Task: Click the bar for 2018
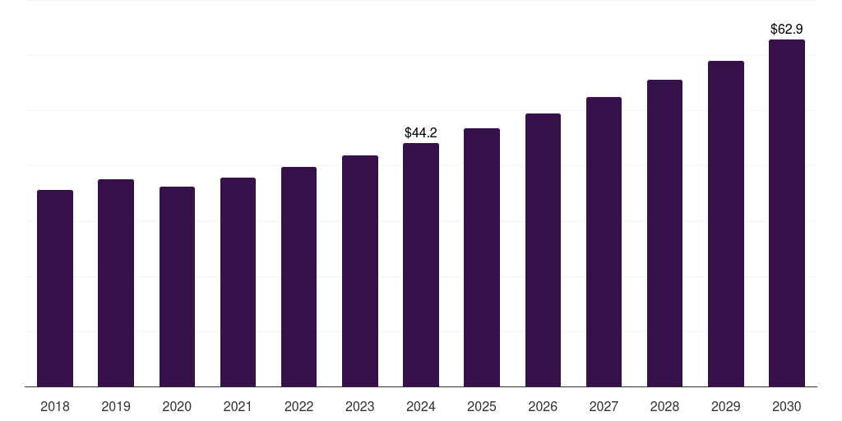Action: click(55, 288)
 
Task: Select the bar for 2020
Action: click(177, 286)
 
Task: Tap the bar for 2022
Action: click(298, 276)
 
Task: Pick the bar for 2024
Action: click(421, 265)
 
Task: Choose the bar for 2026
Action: click(543, 250)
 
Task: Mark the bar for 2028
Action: click(664, 233)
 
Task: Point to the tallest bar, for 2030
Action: click(787, 213)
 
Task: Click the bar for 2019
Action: click(116, 283)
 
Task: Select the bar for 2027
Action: click(604, 242)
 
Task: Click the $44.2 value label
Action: click(421, 132)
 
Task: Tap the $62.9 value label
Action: click(787, 29)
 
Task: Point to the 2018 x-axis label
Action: click(55, 406)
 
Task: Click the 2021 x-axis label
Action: click(238, 406)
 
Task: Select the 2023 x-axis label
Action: click(360, 406)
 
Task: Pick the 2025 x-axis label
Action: click(482, 406)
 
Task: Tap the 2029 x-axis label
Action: click(726, 406)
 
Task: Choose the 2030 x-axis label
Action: click(787, 406)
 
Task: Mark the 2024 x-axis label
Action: click(421, 406)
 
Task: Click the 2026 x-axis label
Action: click(543, 406)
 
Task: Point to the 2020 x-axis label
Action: click(177, 406)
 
